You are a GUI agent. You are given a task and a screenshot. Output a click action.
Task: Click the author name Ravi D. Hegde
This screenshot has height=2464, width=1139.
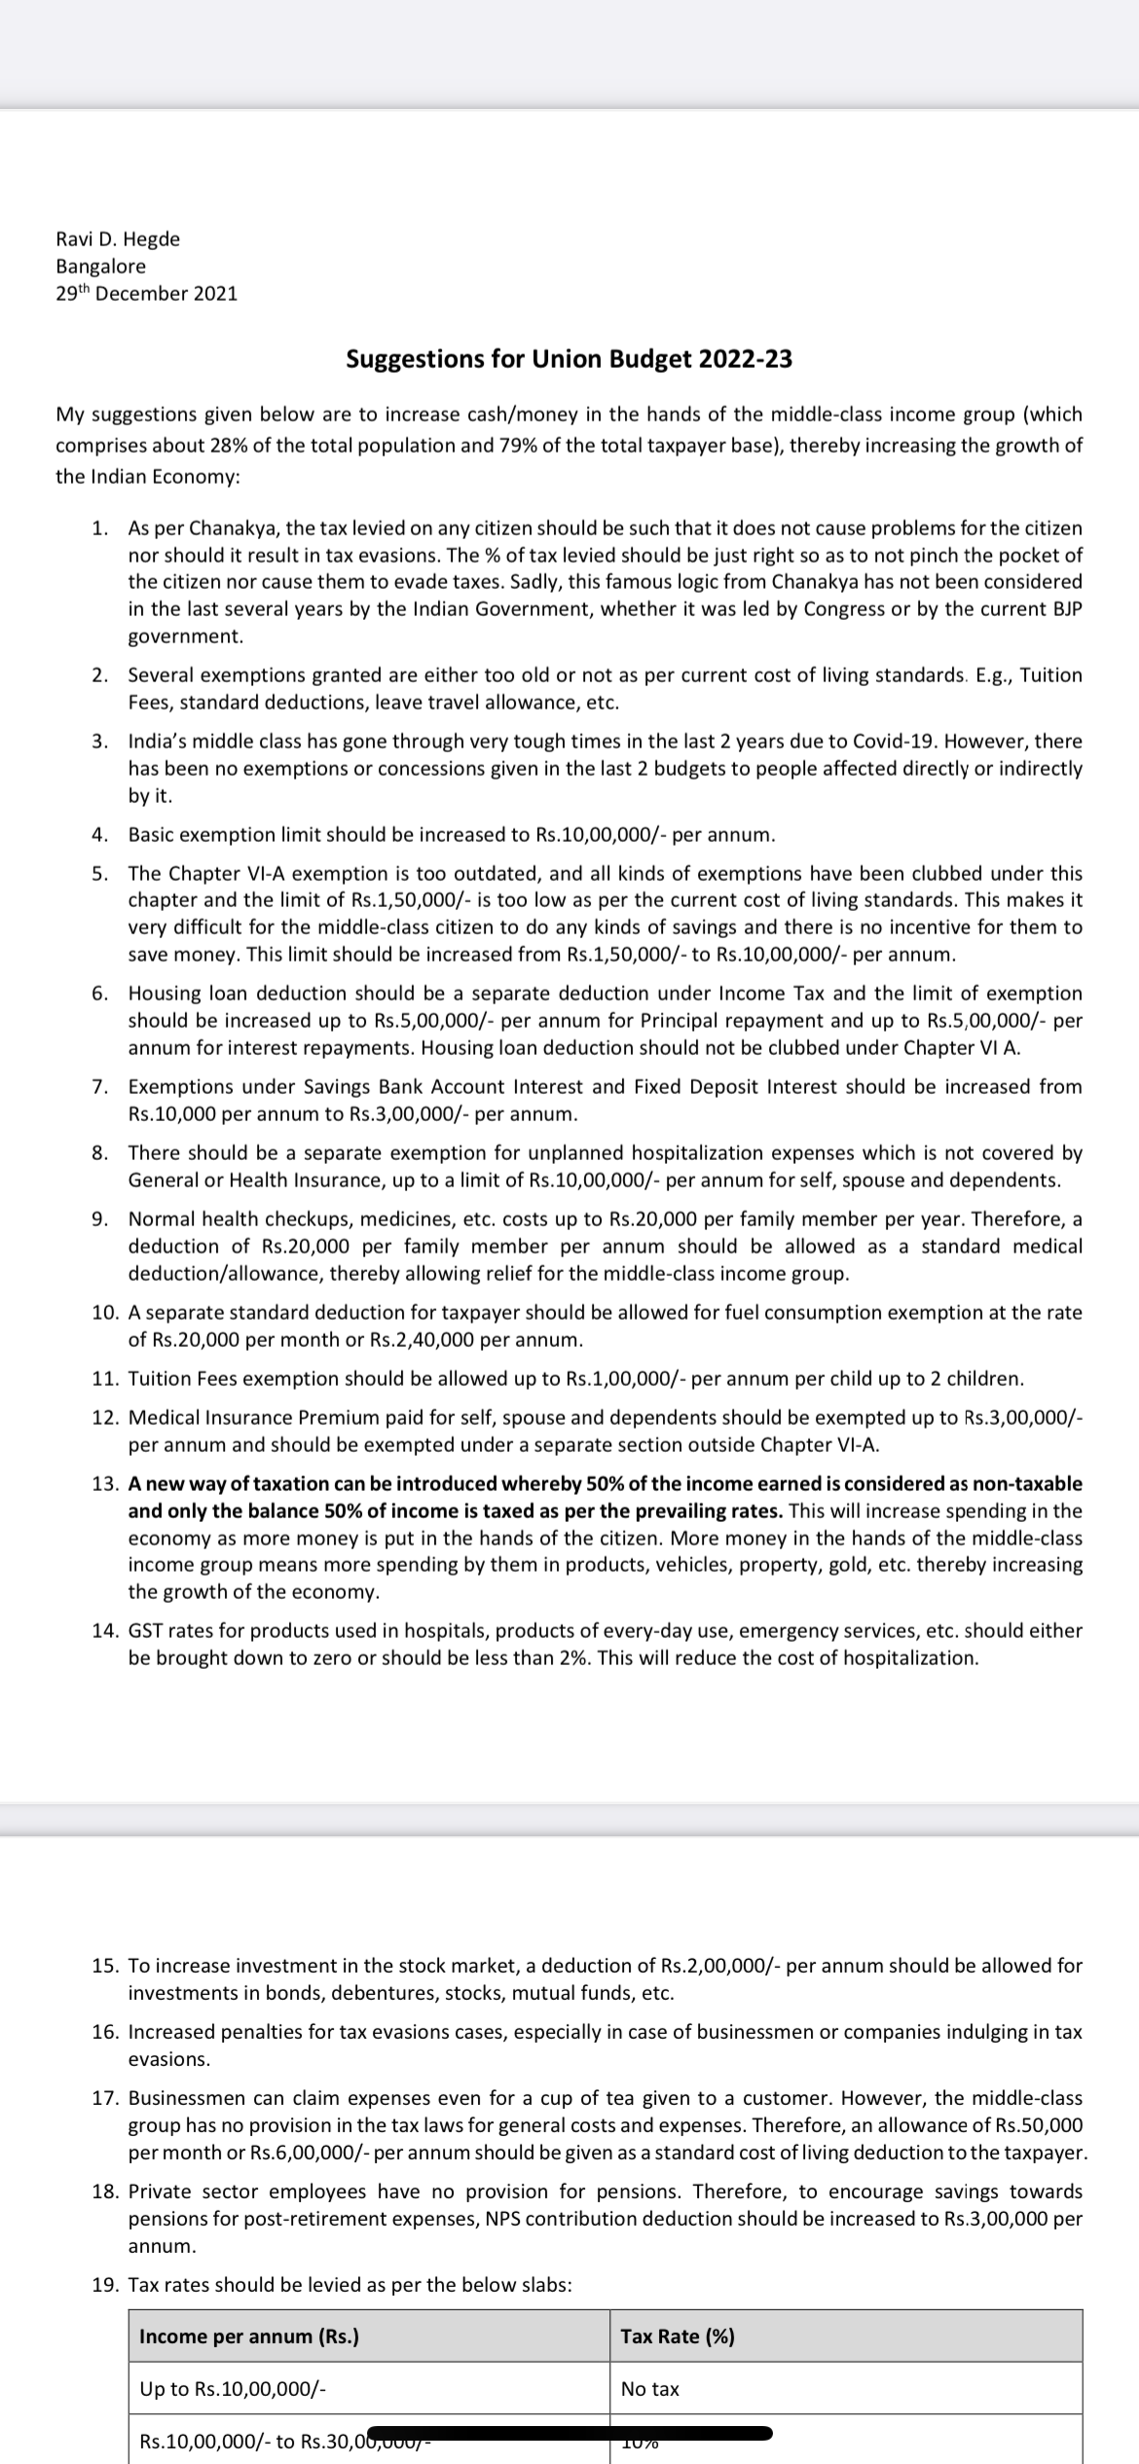pos(118,238)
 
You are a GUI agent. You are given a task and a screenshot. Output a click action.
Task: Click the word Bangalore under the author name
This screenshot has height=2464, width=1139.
pos(101,266)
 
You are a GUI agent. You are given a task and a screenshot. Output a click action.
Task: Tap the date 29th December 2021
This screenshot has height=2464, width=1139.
pos(147,293)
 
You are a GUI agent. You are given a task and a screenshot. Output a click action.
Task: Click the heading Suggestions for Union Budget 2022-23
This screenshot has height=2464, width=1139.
pos(569,359)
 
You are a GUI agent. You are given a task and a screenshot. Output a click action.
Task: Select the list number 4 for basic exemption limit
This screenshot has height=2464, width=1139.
pos(98,835)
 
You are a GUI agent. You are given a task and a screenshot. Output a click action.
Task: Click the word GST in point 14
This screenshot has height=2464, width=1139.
pos(145,1630)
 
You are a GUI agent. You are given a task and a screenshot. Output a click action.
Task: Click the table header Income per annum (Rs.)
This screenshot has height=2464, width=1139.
pos(249,2337)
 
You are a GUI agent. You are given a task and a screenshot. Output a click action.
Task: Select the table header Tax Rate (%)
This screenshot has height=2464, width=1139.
pos(678,2337)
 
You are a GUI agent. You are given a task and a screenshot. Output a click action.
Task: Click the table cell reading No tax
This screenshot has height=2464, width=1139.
pos(650,2389)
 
